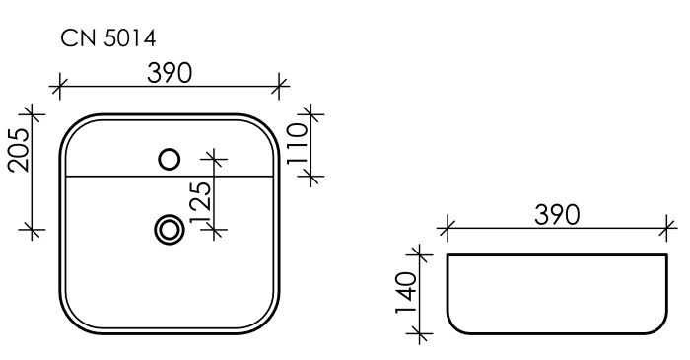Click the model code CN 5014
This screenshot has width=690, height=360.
click(108, 37)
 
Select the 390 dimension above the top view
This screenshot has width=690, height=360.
click(171, 72)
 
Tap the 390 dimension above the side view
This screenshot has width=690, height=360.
click(557, 214)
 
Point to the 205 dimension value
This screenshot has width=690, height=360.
click(19, 150)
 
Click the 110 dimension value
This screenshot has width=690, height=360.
click(300, 144)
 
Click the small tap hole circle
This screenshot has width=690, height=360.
click(170, 157)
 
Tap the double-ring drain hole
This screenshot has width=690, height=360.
click(170, 230)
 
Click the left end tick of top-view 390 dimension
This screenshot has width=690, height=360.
click(61, 86)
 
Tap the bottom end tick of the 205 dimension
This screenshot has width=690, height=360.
click(33, 231)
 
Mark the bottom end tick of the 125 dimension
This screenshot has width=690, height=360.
click(214, 231)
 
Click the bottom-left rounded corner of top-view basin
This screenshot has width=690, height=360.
click(72, 324)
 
